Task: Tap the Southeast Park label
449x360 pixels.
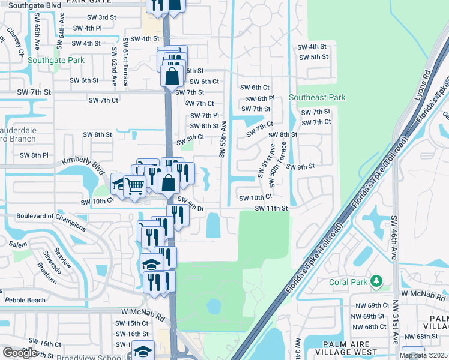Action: (x=317, y=97)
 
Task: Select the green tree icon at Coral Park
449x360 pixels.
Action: (x=376, y=281)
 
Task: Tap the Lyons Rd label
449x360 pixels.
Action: (x=427, y=84)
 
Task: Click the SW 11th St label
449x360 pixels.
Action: (x=271, y=208)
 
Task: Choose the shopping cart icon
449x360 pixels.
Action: (x=136, y=187)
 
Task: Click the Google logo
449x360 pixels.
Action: (x=19, y=353)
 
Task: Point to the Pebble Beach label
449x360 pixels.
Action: (x=25, y=300)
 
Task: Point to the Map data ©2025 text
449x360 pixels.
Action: (x=423, y=355)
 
